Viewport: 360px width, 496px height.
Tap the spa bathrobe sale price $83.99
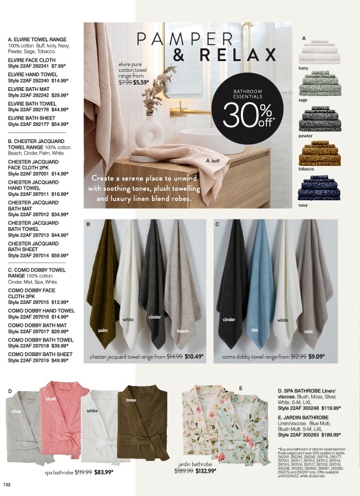click(104, 472)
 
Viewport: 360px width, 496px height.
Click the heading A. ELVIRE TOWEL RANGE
click(36, 40)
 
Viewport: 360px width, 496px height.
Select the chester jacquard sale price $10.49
click(194, 357)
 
